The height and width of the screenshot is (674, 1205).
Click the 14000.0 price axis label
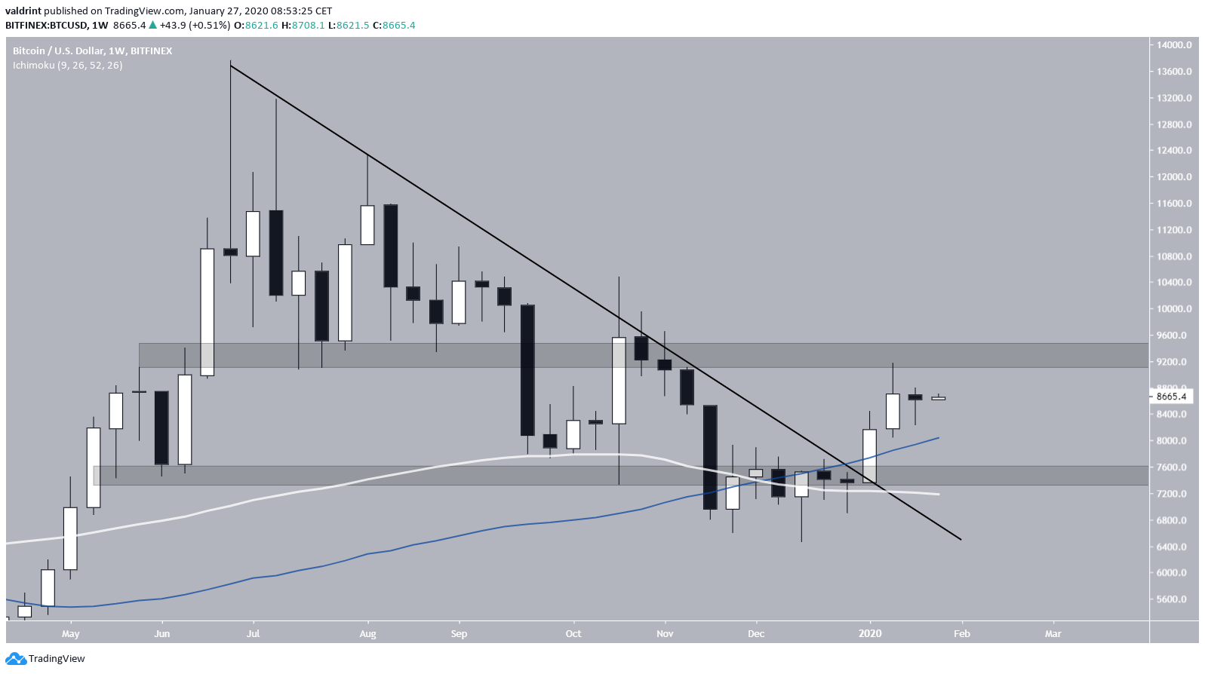pyautogui.click(x=1174, y=45)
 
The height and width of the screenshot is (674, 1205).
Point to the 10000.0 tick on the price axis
pyautogui.click(x=1174, y=309)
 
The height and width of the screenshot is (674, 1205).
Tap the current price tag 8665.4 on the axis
pyautogui.click(x=1171, y=397)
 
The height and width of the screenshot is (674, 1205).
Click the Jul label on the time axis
pyautogui.click(x=253, y=634)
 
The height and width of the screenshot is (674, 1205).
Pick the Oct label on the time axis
pyautogui.click(x=573, y=634)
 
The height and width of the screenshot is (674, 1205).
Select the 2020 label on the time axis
pyautogui.click(x=870, y=634)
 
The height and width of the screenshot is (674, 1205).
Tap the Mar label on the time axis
pyautogui.click(x=1053, y=634)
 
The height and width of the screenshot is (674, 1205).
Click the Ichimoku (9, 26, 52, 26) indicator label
pyautogui.click(x=68, y=66)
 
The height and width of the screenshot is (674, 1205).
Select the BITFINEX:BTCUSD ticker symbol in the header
pyautogui.click(x=46, y=25)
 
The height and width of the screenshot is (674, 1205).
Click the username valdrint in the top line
pyautogui.click(x=23, y=11)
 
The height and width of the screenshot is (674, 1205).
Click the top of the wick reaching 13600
pyautogui.click(x=231, y=62)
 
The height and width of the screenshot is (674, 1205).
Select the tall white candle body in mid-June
pyautogui.click(x=207, y=311)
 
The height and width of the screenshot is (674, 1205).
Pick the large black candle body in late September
pyautogui.click(x=527, y=370)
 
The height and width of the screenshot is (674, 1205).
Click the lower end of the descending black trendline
pyautogui.click(x=959, y=538)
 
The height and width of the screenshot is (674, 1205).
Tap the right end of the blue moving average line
pyautogui.click(x=938, y=438)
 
